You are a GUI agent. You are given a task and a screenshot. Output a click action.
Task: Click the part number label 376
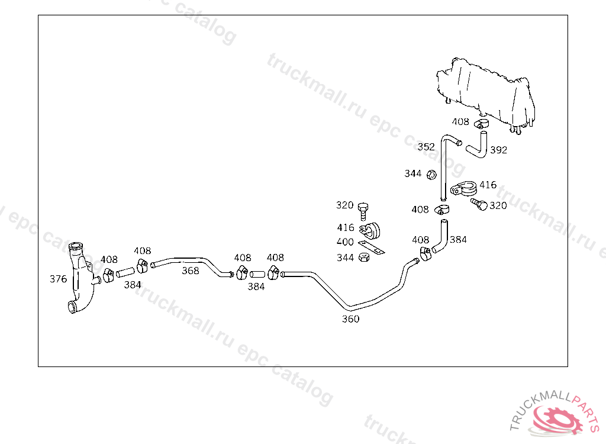coord(58,279)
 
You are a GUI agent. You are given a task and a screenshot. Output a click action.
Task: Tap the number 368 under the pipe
coord(190,271)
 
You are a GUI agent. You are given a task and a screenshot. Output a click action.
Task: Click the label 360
coord(350,318)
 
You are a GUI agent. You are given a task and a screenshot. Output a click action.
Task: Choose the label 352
coord(426,147)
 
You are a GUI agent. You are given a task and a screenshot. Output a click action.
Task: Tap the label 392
coord(498,150)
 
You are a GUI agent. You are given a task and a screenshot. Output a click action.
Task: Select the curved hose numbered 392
coord(478,147)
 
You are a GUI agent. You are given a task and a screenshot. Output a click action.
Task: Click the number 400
coord(345,242)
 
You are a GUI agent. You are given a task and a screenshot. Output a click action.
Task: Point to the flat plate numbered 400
coord(372,247)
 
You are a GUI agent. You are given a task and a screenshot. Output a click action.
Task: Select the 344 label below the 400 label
coord(345,258)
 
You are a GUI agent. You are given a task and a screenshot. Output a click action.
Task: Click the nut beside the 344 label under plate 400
coord(366,258)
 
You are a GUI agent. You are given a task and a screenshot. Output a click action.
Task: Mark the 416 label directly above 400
coord(345,227)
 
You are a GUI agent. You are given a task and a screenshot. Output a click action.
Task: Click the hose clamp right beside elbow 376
coord(108,276)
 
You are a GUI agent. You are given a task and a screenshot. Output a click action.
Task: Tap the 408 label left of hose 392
coord(460,122)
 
